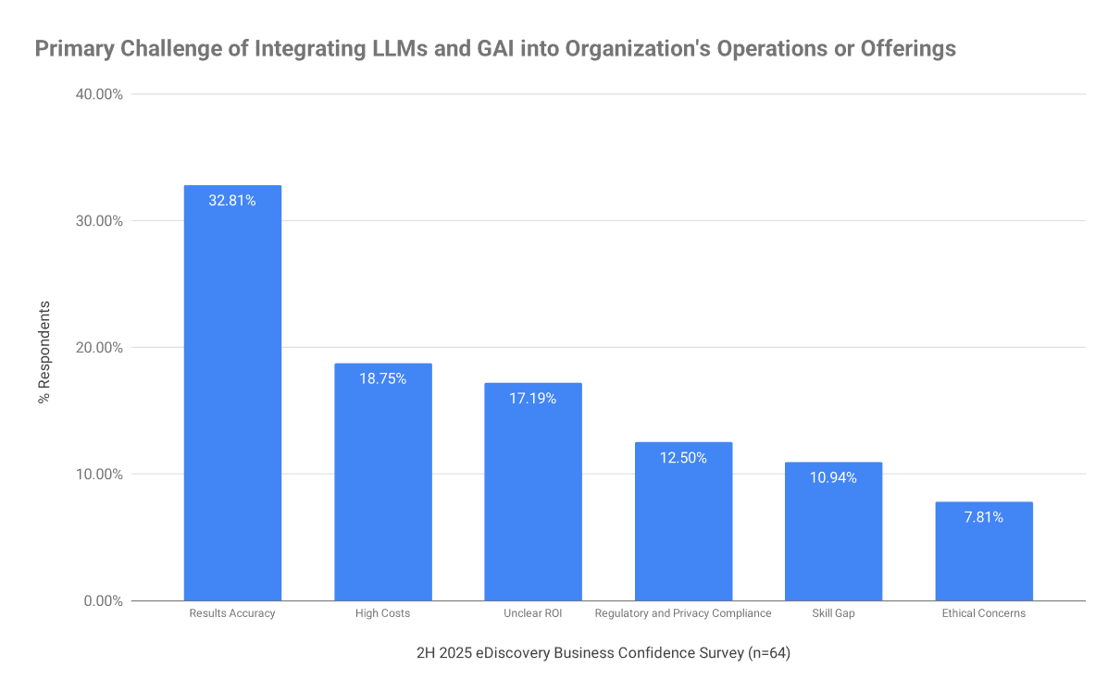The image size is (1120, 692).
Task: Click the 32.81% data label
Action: coord(232,200)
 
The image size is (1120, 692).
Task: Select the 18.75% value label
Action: coord(382,378)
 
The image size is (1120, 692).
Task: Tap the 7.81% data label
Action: coord(984,517)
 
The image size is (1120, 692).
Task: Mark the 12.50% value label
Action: coord(683,457)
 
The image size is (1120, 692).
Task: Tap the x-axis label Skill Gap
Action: coord(833,613)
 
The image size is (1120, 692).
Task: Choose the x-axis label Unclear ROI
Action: coord(533,613)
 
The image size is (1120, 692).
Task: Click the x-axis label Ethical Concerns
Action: coord(984,613)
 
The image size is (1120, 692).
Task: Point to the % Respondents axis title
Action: coord(44,352)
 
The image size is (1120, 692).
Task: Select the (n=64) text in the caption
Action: coord(768,653)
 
